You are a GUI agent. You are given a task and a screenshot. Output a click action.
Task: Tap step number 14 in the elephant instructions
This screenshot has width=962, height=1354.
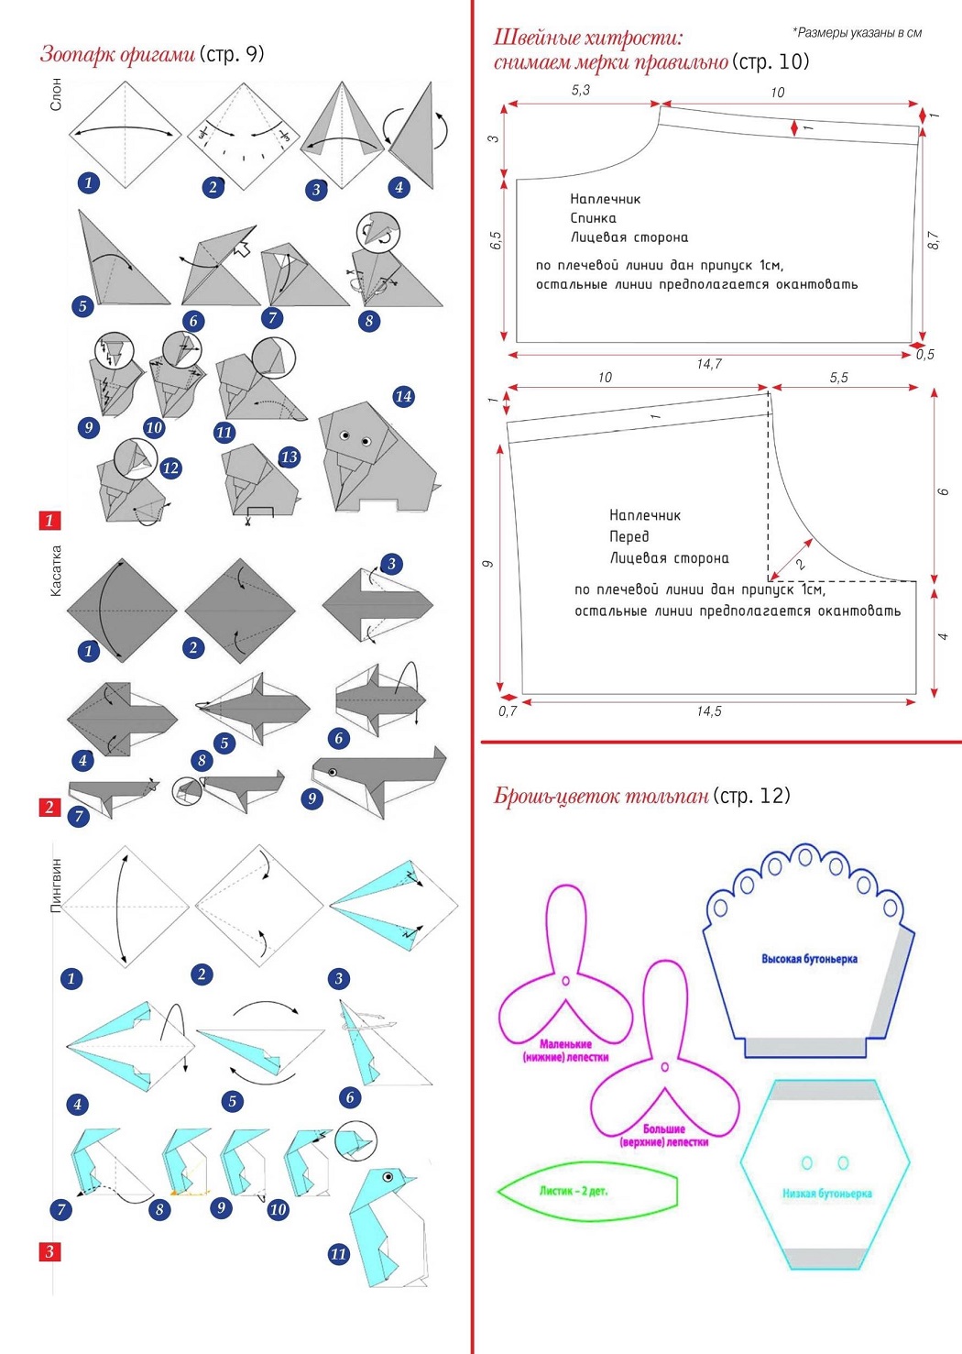click(x=403, y=396)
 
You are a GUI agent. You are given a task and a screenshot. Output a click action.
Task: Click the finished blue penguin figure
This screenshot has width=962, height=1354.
click(x=386, y=1228)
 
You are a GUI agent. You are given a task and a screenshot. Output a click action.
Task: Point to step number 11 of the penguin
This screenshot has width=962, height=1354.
click(x=339, y=1253)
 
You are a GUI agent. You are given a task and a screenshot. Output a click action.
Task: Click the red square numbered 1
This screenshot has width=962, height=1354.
click(x=49, y=521)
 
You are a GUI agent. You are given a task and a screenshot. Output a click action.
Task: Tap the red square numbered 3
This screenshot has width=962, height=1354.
click(x=49, y=1251)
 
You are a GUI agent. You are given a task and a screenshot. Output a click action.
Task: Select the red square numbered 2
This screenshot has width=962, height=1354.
click(x=49, y=807)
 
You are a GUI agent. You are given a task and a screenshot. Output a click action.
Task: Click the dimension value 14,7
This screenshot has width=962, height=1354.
click(x=709, y=364)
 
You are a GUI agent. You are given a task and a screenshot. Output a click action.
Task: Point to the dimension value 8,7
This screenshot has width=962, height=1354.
click(x=933, y=241)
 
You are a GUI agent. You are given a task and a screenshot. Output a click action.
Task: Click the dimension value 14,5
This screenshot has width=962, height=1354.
click(x=709, y=711)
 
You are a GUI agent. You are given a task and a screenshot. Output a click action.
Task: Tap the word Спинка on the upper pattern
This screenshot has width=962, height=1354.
click(x=593, y=218)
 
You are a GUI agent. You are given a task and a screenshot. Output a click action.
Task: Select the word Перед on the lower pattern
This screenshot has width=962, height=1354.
click(x=629, y=536)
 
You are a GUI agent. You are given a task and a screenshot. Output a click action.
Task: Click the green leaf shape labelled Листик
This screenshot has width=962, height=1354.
click(x=586, y=1192)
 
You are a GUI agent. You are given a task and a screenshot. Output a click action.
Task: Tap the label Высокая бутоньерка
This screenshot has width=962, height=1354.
click(x=809, y=959)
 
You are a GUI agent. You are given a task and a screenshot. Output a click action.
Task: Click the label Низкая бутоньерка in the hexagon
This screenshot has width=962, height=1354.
click(x=826, y=1194)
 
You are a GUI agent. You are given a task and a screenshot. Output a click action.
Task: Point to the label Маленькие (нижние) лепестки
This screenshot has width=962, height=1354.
click(x=565, y=1051)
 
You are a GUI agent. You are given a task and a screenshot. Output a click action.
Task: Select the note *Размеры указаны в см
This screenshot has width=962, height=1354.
click(x=857, y=33)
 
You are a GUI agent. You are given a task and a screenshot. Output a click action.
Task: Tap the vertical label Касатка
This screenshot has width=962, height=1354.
click(x=56, y=571)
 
